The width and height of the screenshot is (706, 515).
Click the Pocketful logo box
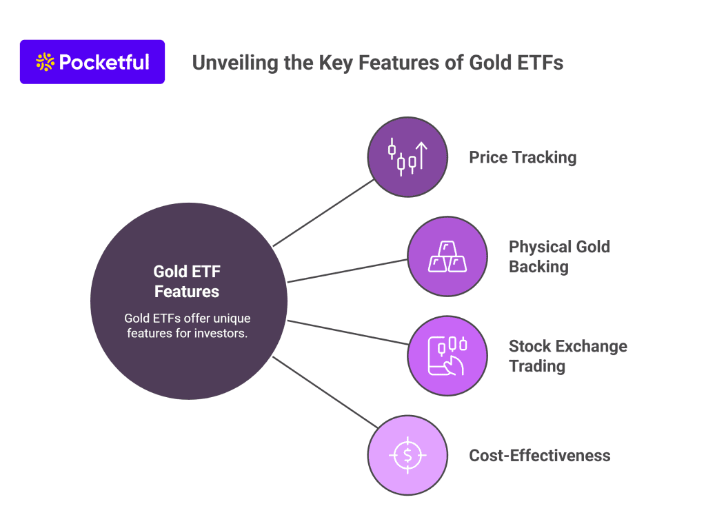pos(92,61)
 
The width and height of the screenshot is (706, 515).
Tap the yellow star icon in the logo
pos(45,62)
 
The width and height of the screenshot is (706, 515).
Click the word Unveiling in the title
pos(235,63)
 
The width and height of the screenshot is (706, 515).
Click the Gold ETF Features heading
pos(187,281)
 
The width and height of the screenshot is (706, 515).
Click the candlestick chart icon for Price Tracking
pos(407,156)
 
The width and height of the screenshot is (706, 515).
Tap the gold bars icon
pos(447,256)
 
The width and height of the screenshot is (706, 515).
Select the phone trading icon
pos(447,356)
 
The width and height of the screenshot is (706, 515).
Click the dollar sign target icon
pos(407,455)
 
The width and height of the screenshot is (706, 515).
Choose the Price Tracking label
pos(523,157)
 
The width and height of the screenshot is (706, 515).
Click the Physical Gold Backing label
pos(559,256)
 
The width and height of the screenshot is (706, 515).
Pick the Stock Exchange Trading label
pos(568,356)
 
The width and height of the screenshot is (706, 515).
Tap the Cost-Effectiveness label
pos(539,455)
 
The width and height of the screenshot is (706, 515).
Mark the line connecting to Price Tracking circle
pos(324,213)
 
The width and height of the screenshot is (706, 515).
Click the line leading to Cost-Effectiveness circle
pos(325,392)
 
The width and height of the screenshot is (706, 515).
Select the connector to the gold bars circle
pos(347,270)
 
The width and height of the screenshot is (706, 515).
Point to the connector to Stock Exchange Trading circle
pos(348,332)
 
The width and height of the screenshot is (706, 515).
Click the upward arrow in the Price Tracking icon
pos(421,156)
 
